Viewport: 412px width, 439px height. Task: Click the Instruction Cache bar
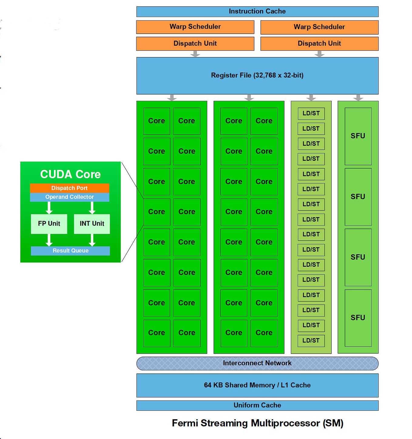(257, 12)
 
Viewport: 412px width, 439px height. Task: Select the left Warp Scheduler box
(195, 27)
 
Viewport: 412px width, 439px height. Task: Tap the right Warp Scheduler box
(319, 27)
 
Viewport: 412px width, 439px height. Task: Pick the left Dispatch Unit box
(195, 43)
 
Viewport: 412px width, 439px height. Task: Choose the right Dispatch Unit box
(319, 43)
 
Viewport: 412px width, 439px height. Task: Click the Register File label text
(257, 75)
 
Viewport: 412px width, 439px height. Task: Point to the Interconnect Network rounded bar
(257, 363)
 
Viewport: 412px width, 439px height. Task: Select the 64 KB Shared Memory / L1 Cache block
(257, 385)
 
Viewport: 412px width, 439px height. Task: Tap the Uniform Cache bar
(257, 405)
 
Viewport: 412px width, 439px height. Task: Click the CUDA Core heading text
(70, 174)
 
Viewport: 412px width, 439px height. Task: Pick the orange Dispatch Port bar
(69, 188)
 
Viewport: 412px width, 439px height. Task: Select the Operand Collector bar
(69, 197)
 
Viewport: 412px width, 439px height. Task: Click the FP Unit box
(49, 224)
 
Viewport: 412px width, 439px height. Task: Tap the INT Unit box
(92, 224)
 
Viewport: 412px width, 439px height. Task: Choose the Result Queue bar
(70, 251)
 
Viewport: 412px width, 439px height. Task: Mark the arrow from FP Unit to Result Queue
(49, 240)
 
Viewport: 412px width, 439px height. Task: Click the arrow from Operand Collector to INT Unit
(92, 208)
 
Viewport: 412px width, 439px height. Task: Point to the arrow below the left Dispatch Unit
(195, 54)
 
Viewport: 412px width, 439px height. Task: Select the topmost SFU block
(358, 136)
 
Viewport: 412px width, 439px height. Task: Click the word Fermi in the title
(185, 423)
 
